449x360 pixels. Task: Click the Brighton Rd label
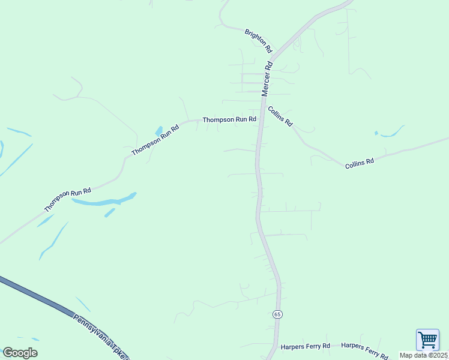tap(259, 40)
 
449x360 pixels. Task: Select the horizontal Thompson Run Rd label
tap(229, 119)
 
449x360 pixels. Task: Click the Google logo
tap(20, 352)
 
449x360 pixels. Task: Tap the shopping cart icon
tap(427, 340)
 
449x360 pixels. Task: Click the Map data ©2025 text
tap(424, 355)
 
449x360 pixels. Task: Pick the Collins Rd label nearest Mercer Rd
tap(280, 116)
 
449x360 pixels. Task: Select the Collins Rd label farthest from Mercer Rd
tap(360, 162)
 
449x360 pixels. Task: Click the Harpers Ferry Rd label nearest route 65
tap(306, 346)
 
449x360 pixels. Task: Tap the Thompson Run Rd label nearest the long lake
tap(67, 200)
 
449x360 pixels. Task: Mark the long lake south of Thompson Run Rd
tap(105, 200)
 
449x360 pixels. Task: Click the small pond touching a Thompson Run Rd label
tap(159, 131)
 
